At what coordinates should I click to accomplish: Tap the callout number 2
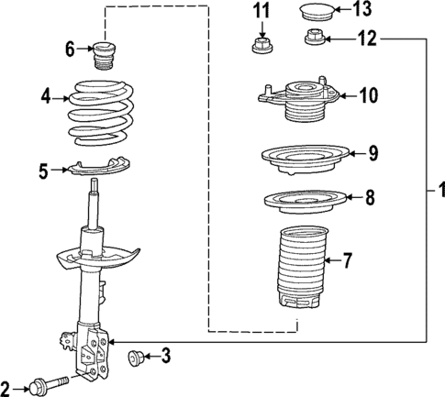[7, 386]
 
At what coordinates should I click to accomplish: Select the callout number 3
[165, 355]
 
